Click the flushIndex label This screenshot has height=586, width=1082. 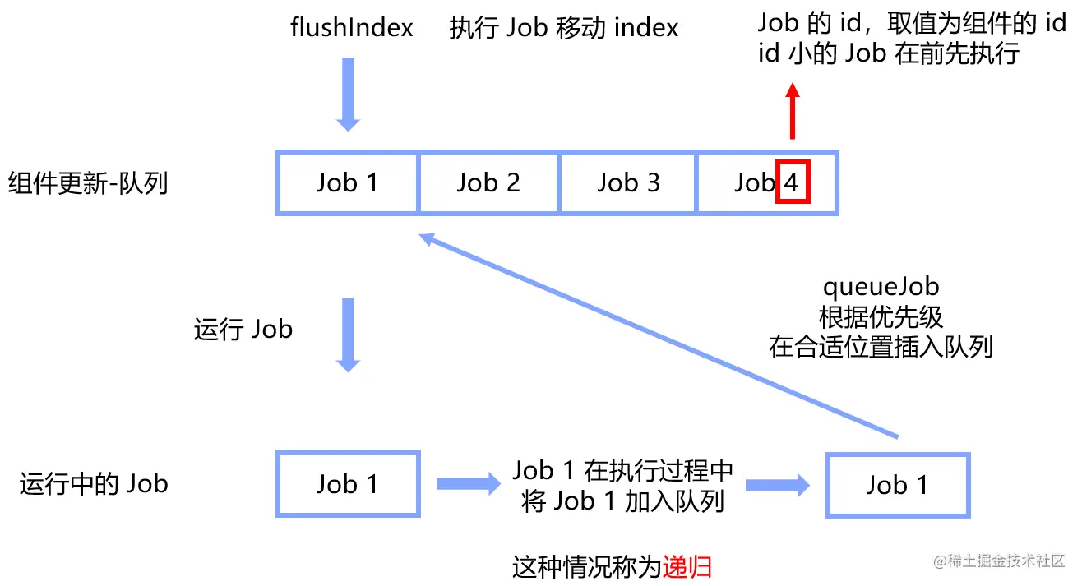[351, 28]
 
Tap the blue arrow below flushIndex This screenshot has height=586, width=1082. [348, 94]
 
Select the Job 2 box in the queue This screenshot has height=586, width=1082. [488, 182]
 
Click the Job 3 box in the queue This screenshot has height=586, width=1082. [628, 182]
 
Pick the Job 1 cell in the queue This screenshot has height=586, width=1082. [347, 182]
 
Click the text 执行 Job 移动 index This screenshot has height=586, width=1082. [564, 28]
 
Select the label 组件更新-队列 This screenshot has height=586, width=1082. [88, 182]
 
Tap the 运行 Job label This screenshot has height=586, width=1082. [243, 330]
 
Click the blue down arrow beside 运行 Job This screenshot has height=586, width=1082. [348, 334]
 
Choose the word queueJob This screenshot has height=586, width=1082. [881, 288]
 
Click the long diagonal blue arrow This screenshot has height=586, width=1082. [658, 337]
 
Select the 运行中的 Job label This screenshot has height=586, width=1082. [94, 484]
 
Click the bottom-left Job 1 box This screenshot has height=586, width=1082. [348, 484]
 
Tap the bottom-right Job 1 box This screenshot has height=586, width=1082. [898, 485]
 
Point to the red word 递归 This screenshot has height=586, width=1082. [687, 567]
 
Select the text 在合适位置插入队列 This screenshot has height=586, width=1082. [881, 347]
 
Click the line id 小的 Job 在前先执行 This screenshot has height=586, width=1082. [888, 53]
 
